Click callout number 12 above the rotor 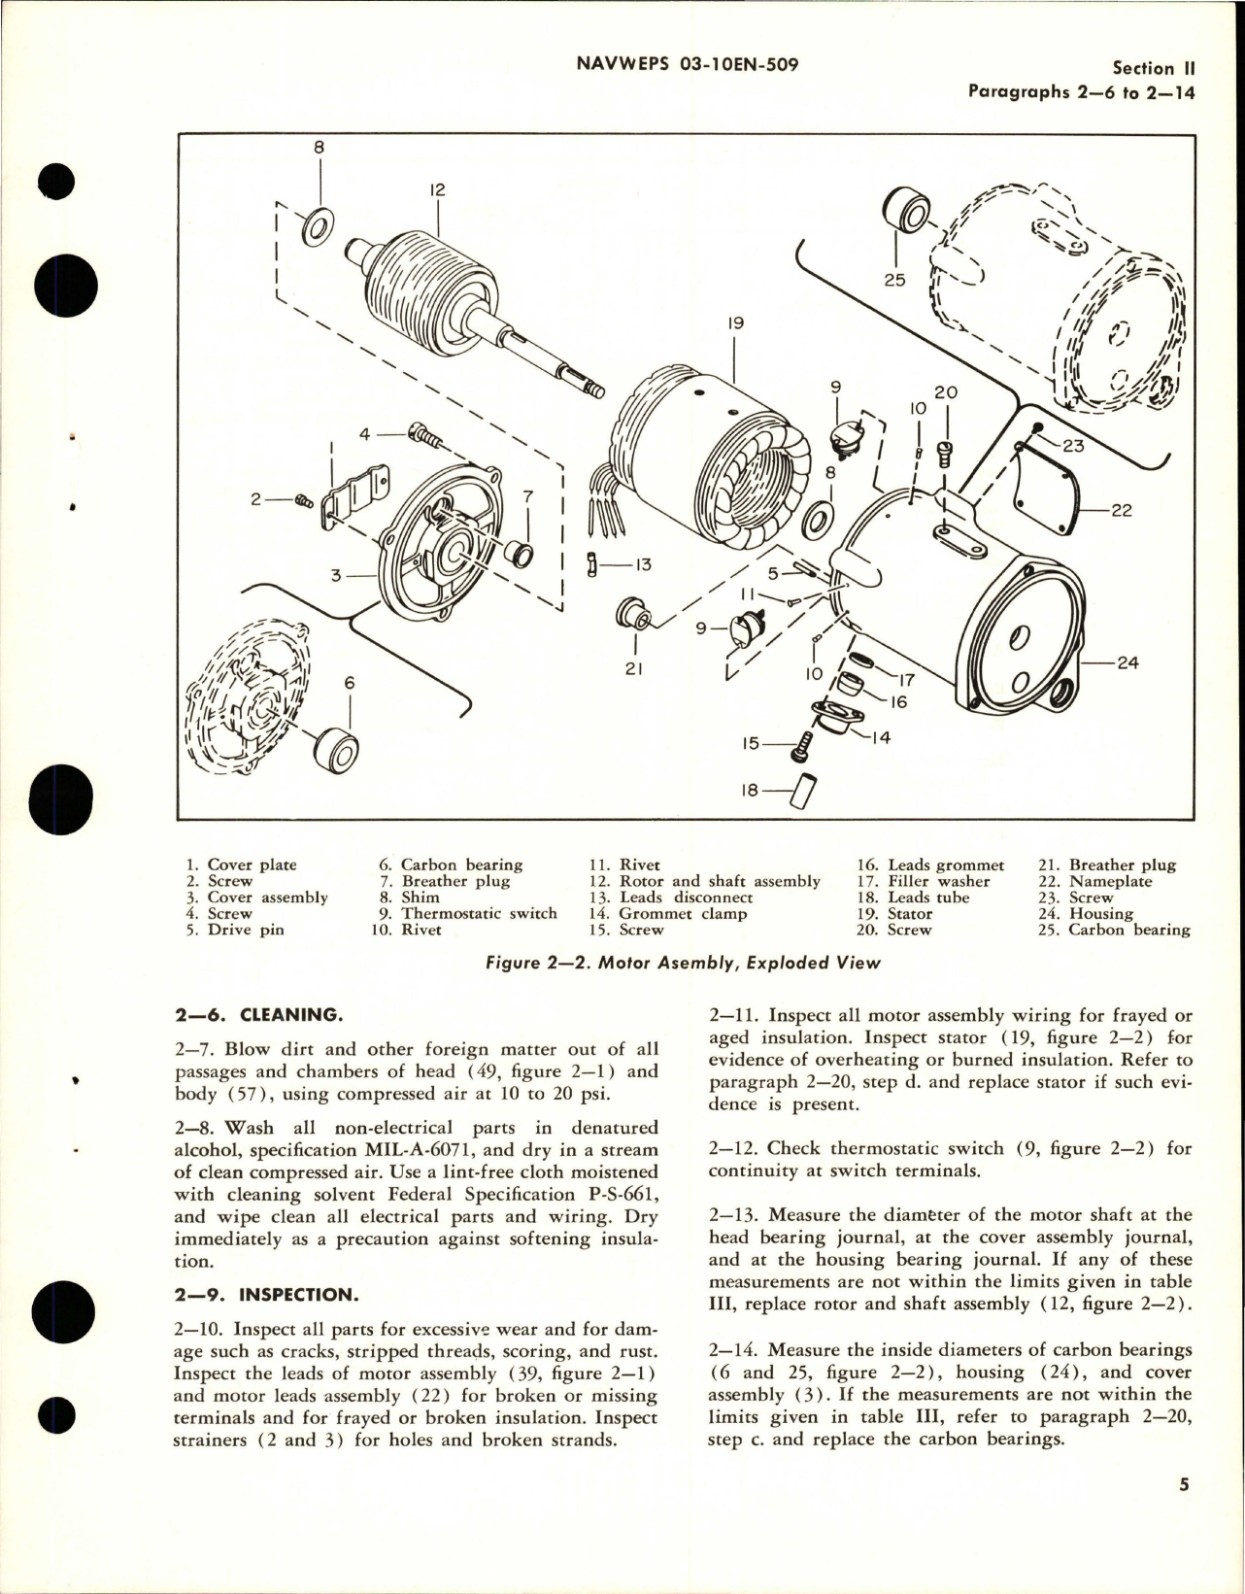point(437,190)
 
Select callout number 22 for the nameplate point(1121,510)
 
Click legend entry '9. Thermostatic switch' point(467,913)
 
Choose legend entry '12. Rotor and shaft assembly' point(706,881)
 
